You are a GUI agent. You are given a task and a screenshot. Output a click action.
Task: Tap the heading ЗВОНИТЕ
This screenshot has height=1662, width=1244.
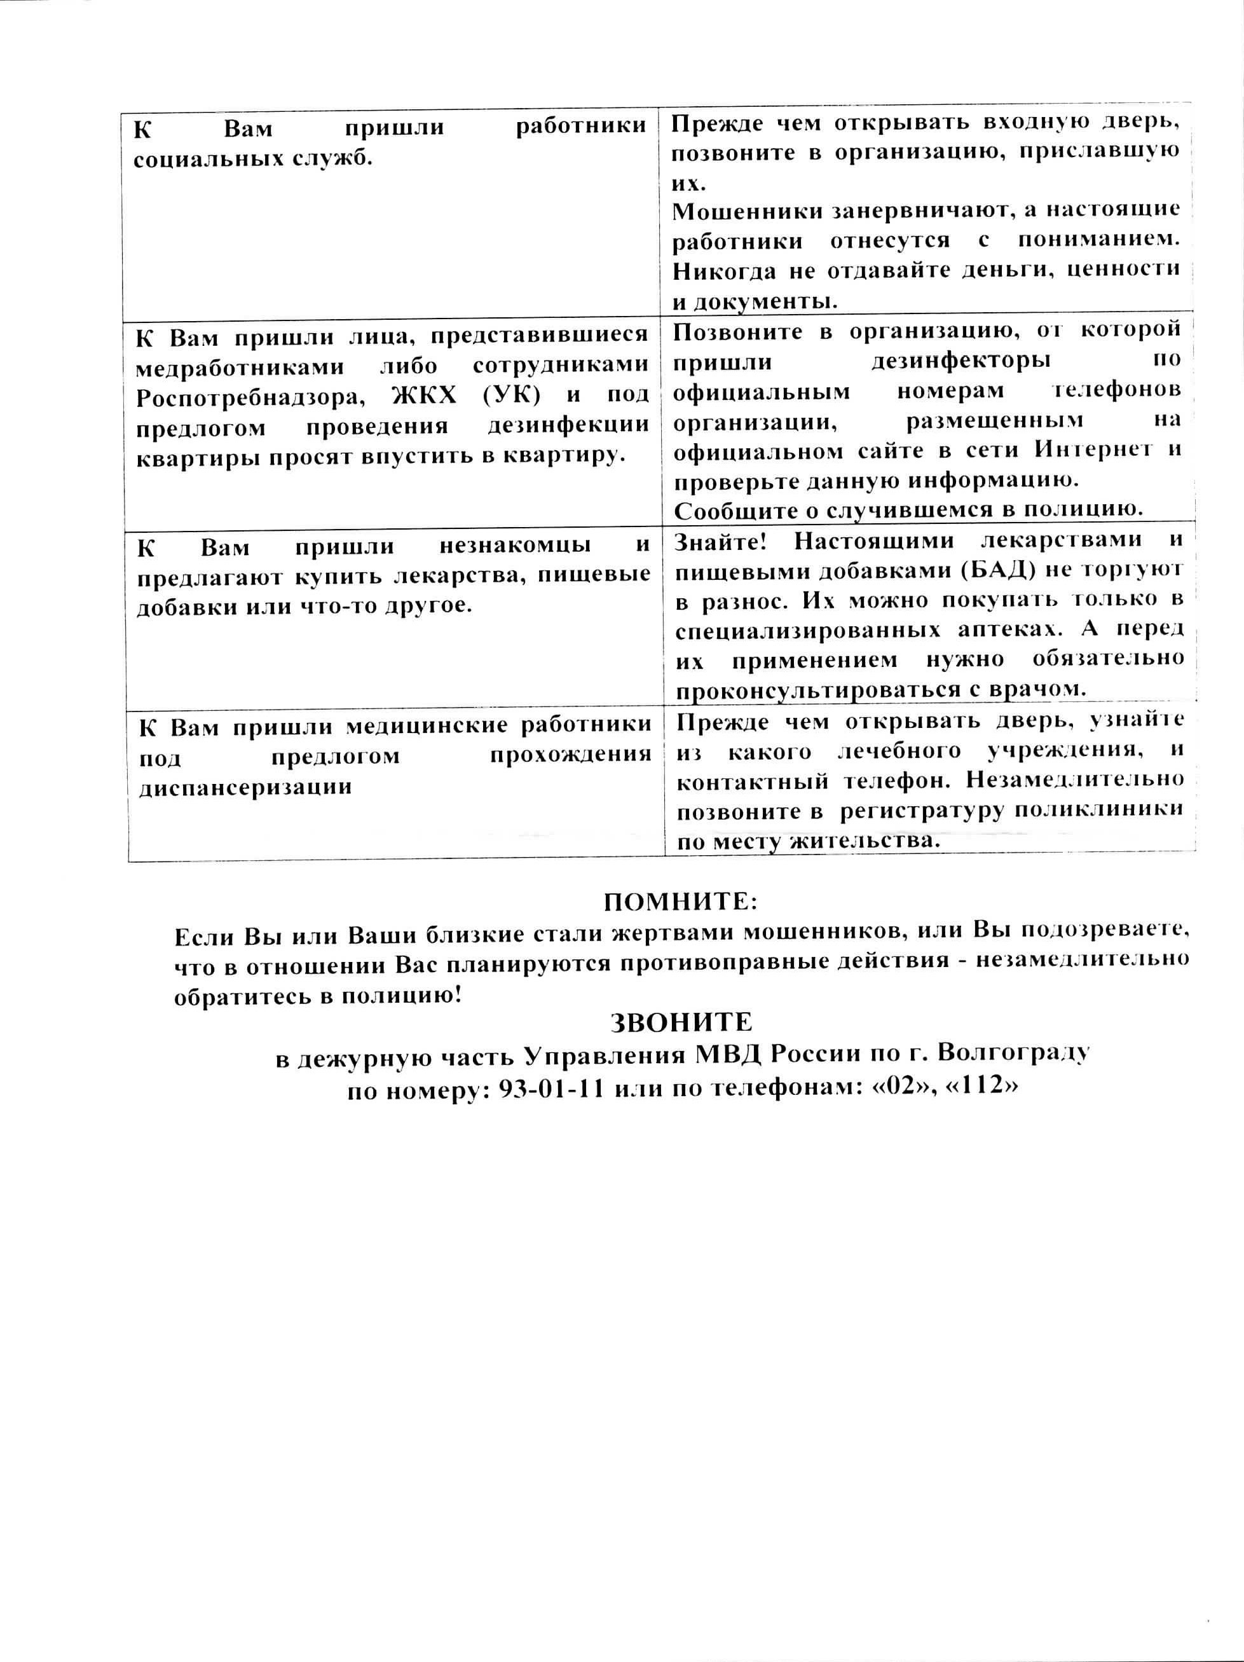681,1022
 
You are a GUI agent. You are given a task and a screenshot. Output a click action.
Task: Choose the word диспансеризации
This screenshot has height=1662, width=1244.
245,787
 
